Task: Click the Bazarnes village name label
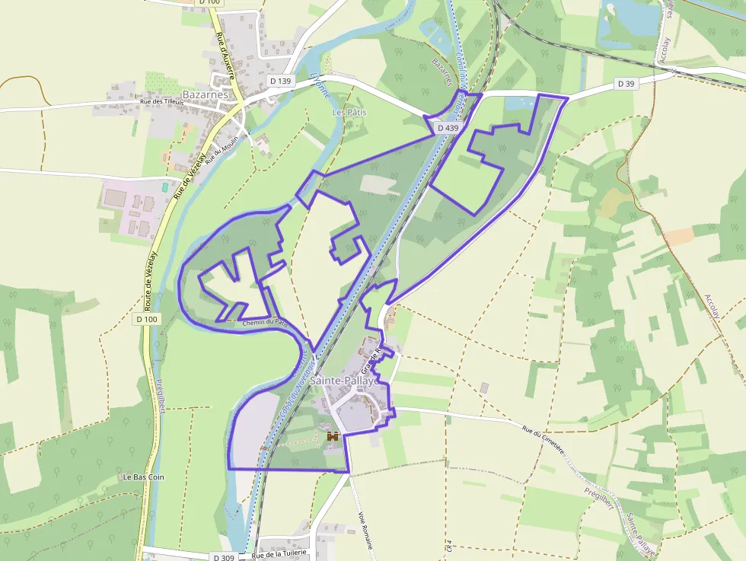coord(205,94)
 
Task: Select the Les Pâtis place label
coord(349,112)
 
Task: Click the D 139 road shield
coord(280,81)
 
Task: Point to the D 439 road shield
coord(448,128)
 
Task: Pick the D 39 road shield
coord(626,83)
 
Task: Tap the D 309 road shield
coord(224,557)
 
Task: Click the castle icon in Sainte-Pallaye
coord(332,437)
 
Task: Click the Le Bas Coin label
coord(143,477)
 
